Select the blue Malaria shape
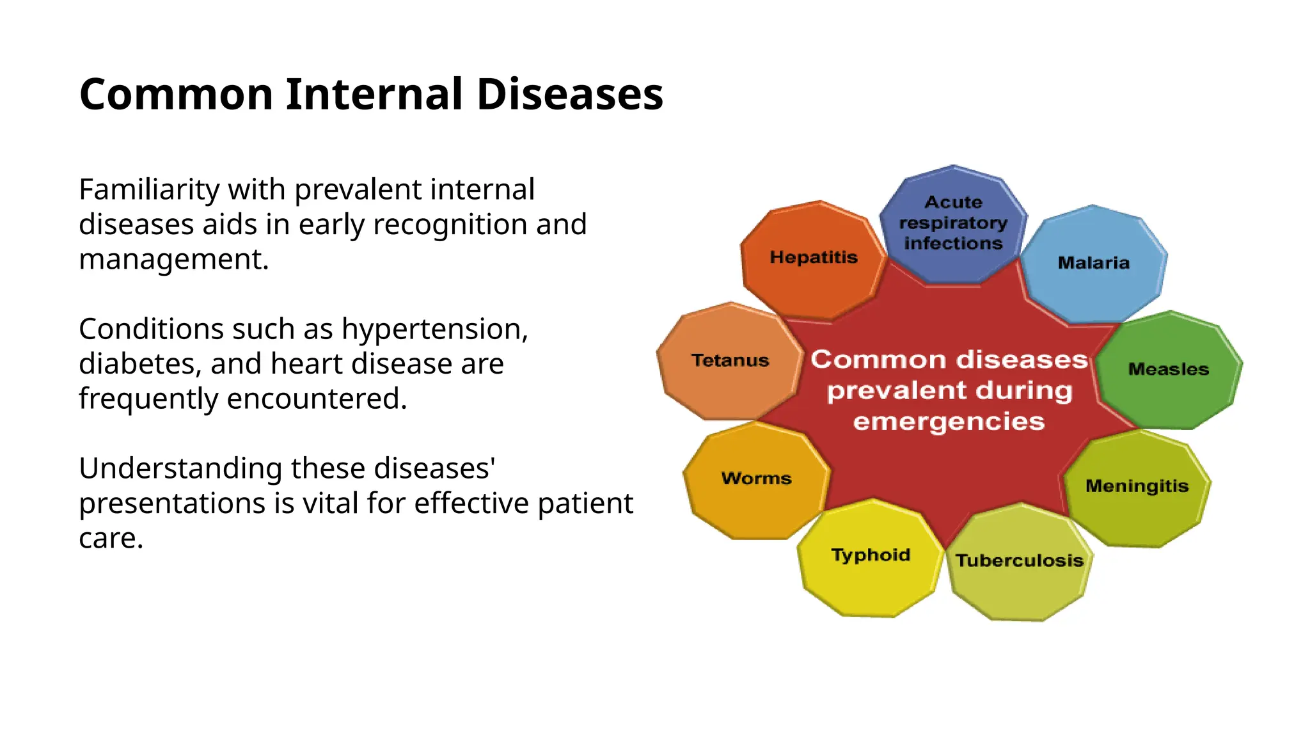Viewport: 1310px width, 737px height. (1093, 263)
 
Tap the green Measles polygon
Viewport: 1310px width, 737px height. (1168, 369)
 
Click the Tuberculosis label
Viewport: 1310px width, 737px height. (1019, 560)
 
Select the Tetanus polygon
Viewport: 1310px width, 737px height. (730, 361)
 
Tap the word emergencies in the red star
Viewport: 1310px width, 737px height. (949, 422)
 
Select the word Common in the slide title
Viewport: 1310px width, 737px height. (177, 95)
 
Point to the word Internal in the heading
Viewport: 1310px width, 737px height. (374, 95)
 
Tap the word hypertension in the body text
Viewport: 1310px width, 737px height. (434, 329)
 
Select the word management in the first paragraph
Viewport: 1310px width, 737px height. (173, 260)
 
